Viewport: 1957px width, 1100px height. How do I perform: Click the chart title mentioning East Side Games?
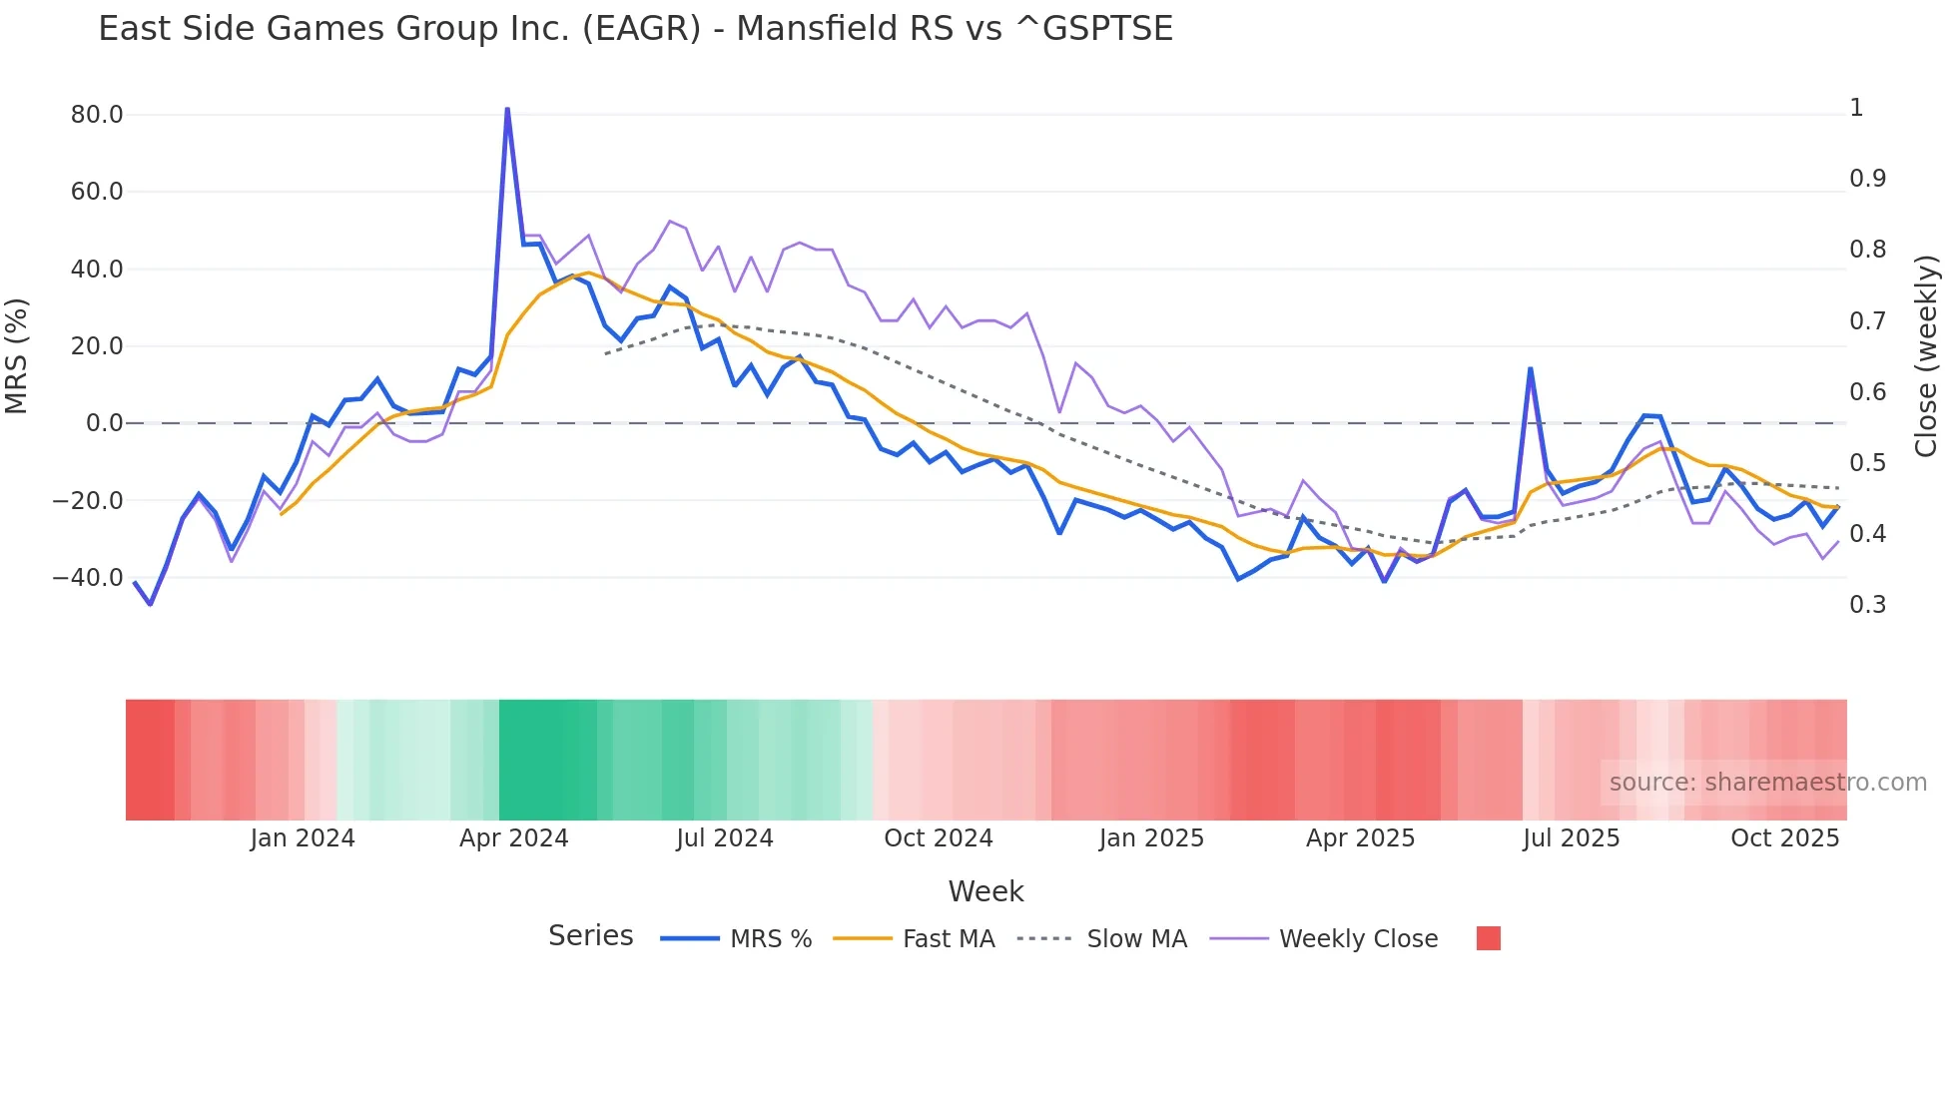point(635,29)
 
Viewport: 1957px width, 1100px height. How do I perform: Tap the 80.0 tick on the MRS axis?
point(97,115)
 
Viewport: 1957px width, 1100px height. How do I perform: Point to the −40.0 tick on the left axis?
point(88,578)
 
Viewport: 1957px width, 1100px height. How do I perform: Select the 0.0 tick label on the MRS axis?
point(104,423)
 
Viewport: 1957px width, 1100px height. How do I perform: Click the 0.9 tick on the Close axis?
point(1867,179)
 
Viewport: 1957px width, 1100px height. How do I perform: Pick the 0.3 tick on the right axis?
point(1867,605)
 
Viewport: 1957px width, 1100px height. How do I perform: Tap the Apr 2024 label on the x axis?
point(513,838)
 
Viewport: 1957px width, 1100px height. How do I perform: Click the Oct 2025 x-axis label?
point(1784,838)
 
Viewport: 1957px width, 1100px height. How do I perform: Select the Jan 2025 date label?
point(1151,838)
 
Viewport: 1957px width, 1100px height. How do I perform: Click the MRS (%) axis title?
point(17,356)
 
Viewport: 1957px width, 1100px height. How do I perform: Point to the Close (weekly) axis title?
point(1926,356)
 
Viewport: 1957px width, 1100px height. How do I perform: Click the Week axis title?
point(985,891)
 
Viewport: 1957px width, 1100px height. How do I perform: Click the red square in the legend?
point(1488,938)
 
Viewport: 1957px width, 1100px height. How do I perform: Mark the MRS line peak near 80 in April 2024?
point(507,109)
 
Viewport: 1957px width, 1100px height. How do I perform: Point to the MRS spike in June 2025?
point(1530,369)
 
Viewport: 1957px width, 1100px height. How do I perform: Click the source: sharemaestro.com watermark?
point(1767,783)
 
